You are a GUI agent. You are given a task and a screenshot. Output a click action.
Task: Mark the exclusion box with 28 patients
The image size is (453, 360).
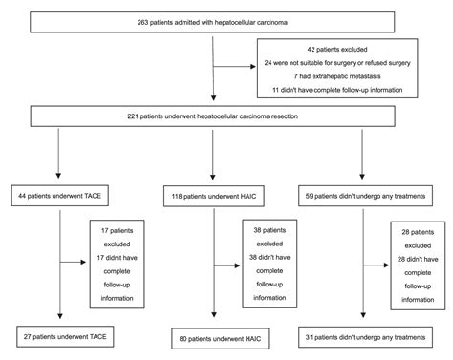point(421,257)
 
